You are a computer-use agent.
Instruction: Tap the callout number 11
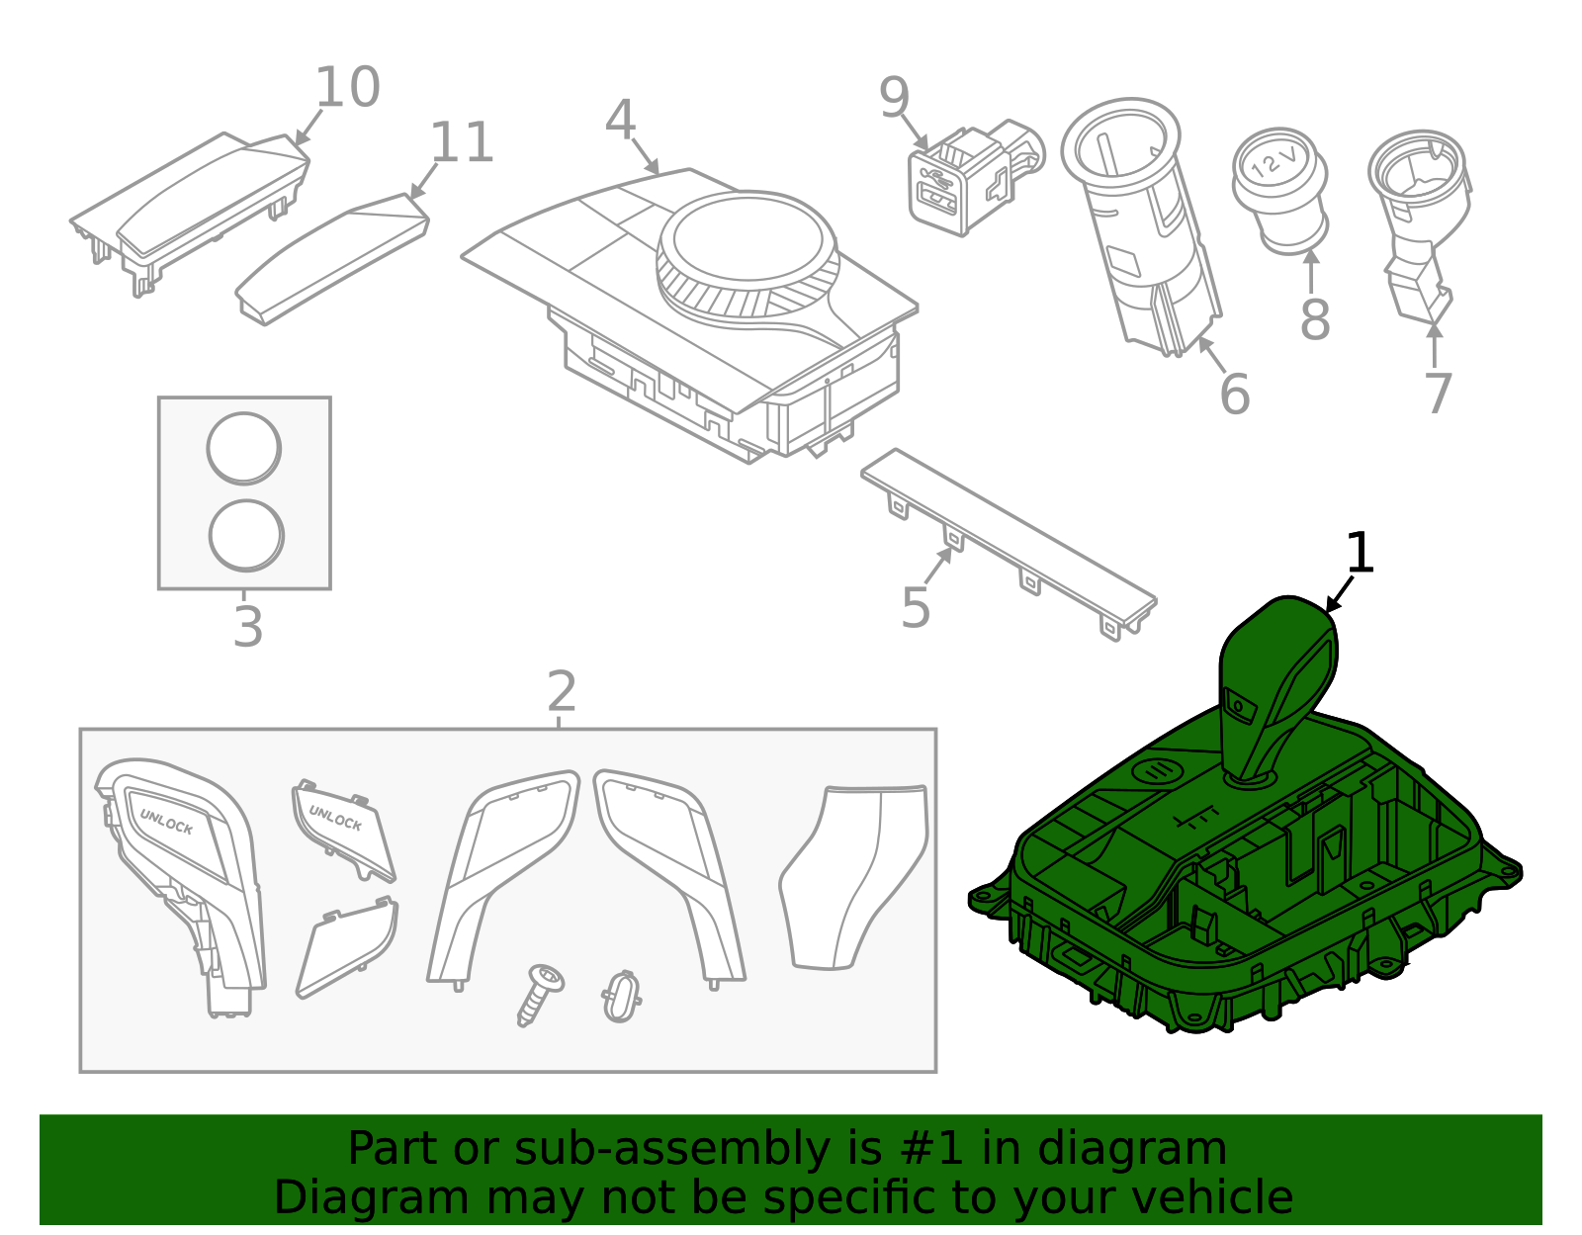pyautogui.click(x=462, y=143)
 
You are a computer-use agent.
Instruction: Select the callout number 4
pyautogui.click(x=620, y=121)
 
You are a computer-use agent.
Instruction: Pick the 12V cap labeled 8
pyautogui.click(x=1279, y=188)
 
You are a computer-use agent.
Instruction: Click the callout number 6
pyautogui.click(x=1235, y=394)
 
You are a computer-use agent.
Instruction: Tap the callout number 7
pyautogui.click(x=1438, y=394)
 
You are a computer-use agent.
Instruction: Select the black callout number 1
pyautogui.click(x=1361, y=553)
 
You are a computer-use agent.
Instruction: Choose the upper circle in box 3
pyautogui.click(x=244, y=449)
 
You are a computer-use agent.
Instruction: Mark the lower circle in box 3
pyautogui.click(x=246, y=535)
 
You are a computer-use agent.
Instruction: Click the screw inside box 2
pyautogui.click(x=539, y=992)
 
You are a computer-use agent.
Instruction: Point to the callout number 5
pyautogui.click(x=916, y=607)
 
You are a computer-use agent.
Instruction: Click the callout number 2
pyautogui.click(x=562, y=692)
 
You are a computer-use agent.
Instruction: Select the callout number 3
pyautogui.click(x=247, y=627)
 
